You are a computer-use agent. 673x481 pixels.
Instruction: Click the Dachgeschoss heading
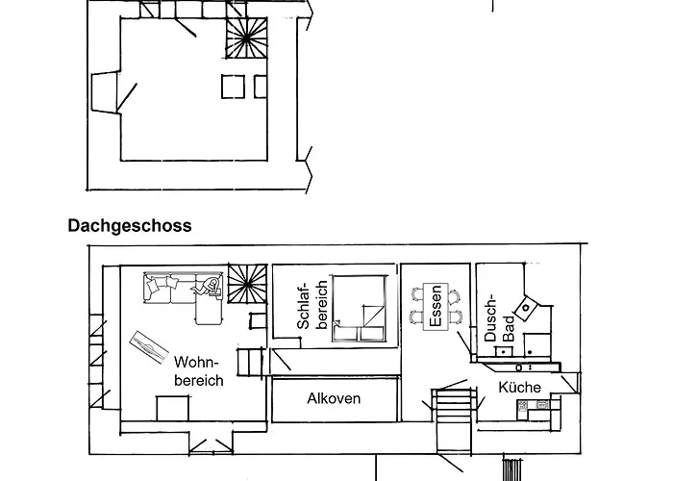[x=130, y=226]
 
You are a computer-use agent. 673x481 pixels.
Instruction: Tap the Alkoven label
[x=334, y=398]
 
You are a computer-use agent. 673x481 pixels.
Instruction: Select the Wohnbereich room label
[x=198, y=371]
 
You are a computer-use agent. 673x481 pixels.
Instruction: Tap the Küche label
[x=519, y=388]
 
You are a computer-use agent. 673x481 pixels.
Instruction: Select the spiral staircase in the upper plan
[x=247, y=41]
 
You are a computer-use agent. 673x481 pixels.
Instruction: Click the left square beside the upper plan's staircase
[x=234, y=87]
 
